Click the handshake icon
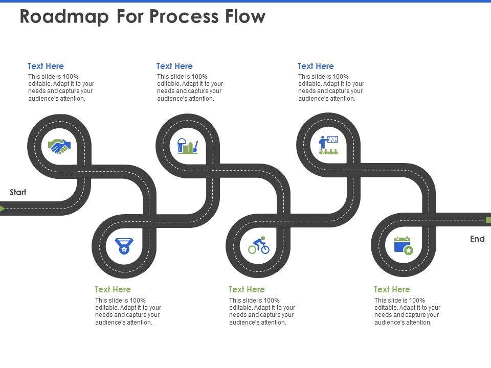coord(59,147)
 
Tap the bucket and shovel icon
coord(188,146)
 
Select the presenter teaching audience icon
coord(328,145)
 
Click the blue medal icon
coord(124,246)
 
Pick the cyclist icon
coord(259,245)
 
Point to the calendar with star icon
coord(404,246)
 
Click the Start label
coord(18,192)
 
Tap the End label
coord(477,239)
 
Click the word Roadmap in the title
coord(64,16)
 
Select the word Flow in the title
coord(245,16)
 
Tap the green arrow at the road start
coord(3,209)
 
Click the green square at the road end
coord(488,220)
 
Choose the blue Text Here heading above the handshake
coord(46,66)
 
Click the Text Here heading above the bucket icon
coord(174,66)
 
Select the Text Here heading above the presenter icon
coord(316,66)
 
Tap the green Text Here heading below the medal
coord(113,289)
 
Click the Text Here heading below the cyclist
coord(247,289)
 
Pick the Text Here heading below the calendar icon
coord(392,289)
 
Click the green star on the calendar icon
coord(408,250)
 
